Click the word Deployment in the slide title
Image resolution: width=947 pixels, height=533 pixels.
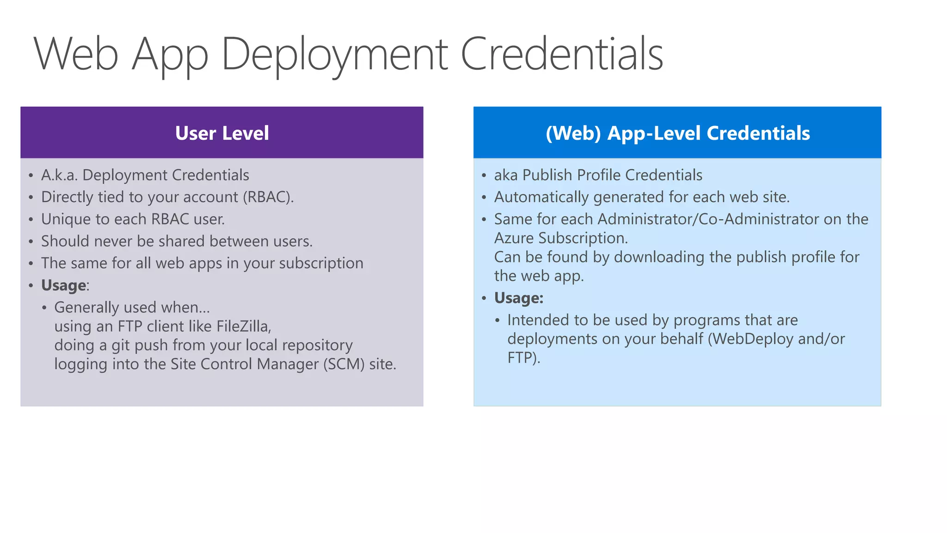pyautogui.click(x=334, y=55)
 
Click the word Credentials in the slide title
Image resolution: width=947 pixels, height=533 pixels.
pyautogui.click(x=562, y=54)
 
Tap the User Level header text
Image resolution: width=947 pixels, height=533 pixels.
pyautogui.click(x=222, y=133)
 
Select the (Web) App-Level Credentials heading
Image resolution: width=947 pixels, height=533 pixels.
pyautogui.click(x=677, y=133)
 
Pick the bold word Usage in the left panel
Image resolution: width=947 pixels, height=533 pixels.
pyautogui.click(x=63, y=285)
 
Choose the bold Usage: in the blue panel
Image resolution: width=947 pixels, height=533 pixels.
pyautogui.click(x=518, y=298)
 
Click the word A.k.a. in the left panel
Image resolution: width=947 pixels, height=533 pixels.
pyautogui.click(x=59, y=175)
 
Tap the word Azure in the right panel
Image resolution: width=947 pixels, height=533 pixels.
pyautogui.click(x=514, y=238)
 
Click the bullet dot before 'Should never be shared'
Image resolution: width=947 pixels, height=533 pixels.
pyautogui.click(x=31, y=242)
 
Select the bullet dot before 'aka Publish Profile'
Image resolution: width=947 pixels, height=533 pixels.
pyautogui.click(x=484, y=175)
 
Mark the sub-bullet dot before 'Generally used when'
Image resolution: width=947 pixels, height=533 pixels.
pyautogui.click(x=44, y=308)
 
